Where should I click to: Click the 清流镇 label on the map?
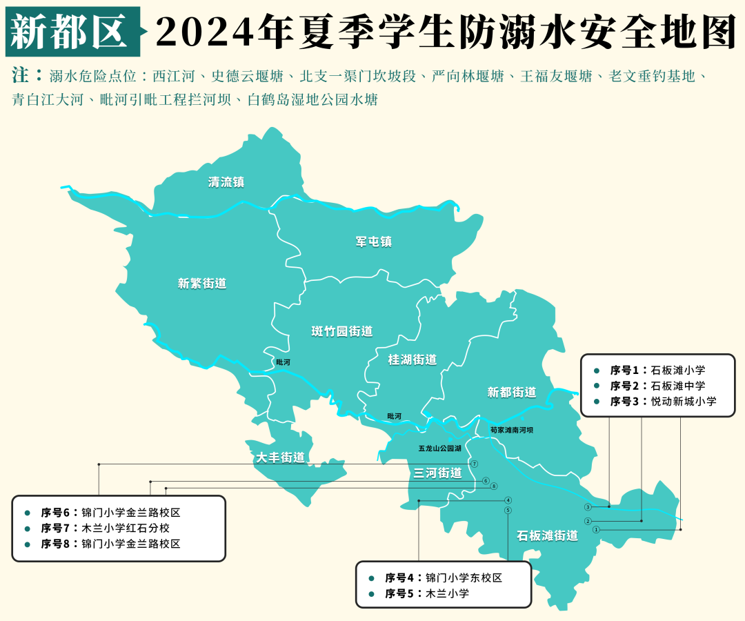coord(226,183)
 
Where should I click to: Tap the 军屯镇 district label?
coord(373,242)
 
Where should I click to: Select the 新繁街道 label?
coord(201,284)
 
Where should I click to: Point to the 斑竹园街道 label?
coord(342,332)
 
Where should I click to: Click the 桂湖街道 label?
coord(413,360)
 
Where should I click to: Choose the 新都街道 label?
coord(511,393)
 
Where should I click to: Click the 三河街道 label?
coord(437,473)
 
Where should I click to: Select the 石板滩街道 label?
coord(548,535)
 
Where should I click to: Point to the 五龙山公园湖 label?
coord(439,448)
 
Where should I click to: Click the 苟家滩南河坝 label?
coord(511,430)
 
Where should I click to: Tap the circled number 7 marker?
coord(475,464)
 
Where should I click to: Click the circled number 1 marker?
coord(596,529)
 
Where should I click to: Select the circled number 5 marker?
coord(508,511)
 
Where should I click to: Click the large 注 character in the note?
coord(21,75)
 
